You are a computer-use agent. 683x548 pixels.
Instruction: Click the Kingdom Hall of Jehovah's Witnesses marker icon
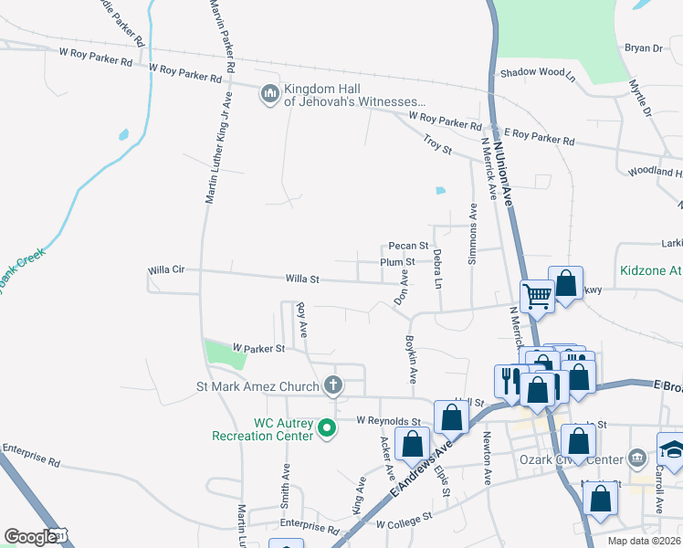tap(269, 94)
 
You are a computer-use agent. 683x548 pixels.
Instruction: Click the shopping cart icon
tap(538, 296)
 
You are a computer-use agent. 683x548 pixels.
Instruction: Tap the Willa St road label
tap(302, 279)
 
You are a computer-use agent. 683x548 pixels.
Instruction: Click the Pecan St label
tap(407, 246)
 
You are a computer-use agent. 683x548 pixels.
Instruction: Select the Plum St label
tap(398, 262)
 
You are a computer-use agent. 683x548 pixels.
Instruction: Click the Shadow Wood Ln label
tap(536, 72)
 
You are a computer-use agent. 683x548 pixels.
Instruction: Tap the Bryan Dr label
tap(642, 47)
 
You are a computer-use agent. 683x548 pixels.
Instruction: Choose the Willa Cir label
tap(166, 270)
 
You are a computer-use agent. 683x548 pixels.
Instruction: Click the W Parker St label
tap(258, 348)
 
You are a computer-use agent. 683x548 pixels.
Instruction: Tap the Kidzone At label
tap(651, 270)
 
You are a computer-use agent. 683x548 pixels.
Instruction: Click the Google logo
tap(32, 537)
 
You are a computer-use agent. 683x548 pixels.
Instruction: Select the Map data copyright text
tap(644, 541)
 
